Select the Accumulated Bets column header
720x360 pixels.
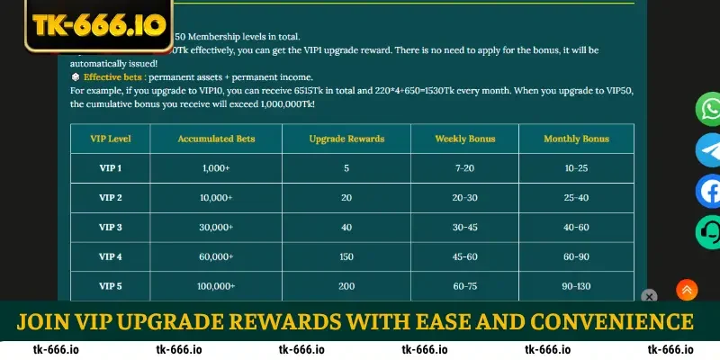click(x=216, y=139)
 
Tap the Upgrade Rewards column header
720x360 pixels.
click(x=346, y=139)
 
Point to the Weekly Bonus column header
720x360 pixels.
click(x=464, y=139)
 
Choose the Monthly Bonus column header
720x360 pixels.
click(x=576, y=139)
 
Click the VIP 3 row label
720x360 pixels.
click(x=110, y=227)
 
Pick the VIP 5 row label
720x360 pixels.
click(x=110, y=285)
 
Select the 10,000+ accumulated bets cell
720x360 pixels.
click(x=216, y=198)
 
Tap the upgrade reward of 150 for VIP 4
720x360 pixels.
click(x=346, y=256)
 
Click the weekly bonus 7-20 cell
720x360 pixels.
click(x=464, y=168)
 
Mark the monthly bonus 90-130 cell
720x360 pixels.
click(x=576, y=285)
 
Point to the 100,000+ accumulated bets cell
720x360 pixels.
click(x=216, y=285)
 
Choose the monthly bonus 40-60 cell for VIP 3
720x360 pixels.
click(x=576, y=227)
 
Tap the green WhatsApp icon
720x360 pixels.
click(x=709, y=110)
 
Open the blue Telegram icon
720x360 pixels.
click(x=709, y=150)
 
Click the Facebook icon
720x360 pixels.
click(x=709, y=191)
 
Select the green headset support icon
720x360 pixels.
click(x=709, y=231)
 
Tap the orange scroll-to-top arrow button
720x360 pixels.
click(x=687, y=290)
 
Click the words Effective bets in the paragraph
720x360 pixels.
click(x=108, y=77)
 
